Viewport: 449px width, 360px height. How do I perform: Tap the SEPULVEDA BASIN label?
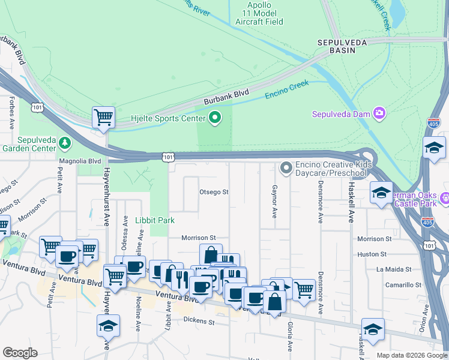click(x=337, y=46)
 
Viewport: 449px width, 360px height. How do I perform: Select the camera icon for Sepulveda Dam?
click(x=379, y=113)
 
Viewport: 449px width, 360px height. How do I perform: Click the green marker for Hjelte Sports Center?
click(x=213, y=118)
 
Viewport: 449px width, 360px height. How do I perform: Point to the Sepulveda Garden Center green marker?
click(x=64, y=143)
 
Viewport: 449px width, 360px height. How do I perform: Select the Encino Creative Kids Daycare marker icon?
click(x=286, y=167)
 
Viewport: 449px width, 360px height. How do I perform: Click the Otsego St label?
click(x=214, y=192)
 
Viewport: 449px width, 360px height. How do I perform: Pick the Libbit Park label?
click(x=155, y=220)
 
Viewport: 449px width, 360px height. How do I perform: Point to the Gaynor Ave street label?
click(x=274, y=201)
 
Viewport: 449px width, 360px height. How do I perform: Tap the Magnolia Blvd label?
click(x=80, y=161)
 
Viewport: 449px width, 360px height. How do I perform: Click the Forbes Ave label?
click(x=11, y=114)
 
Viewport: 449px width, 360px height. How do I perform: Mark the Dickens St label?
click(x=199, y=321)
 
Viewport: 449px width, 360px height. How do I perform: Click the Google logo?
click(x=20, y=353)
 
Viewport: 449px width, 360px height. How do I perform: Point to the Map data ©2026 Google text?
click(x=411, y=355)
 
